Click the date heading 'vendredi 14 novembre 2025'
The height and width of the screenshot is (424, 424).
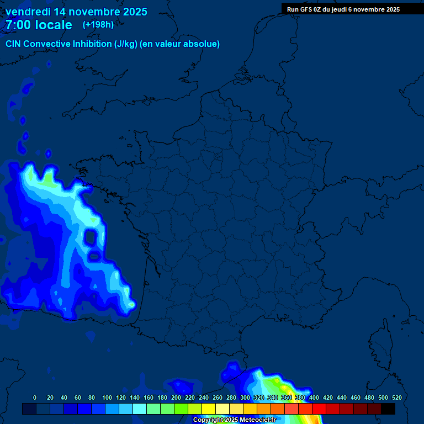coord(76,12)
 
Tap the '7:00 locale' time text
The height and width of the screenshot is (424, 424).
coord(39,25)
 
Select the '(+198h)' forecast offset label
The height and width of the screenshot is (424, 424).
coord(98,25)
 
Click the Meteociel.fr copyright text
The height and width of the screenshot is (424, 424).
coord(234,420)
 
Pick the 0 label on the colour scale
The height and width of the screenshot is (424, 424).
coord(35,397)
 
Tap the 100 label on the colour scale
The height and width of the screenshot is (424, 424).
coord(107,397)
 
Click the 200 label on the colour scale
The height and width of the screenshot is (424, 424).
coord(176,397)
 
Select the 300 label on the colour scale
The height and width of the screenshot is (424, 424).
coord(245,397)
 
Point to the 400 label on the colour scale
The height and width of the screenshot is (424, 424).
coord(314,397)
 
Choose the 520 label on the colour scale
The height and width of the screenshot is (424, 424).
coord(396,397)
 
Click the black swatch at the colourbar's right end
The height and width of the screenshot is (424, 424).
coord(388,409)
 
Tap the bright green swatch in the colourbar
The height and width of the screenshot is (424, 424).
coord(181,409)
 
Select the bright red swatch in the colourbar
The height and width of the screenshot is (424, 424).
coord(319,409)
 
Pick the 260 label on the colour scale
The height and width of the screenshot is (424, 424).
coord(218,397)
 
